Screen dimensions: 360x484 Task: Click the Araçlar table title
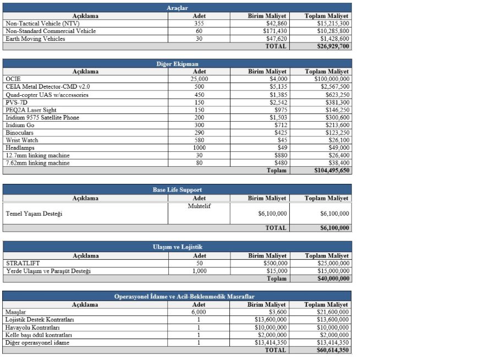[177, 8]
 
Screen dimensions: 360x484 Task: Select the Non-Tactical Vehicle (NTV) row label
[42, 24]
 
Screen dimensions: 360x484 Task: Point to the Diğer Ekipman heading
[177, 64]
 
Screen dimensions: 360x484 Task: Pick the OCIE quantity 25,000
[199, 79]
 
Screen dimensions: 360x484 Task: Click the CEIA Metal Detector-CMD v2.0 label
[47, 87]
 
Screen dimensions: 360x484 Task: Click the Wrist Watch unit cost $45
[281, 140]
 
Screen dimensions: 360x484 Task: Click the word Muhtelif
[199, 206]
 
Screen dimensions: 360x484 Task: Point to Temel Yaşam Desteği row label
[34, 214]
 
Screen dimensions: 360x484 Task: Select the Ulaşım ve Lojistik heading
[177, 247]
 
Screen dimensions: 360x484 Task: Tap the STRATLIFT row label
[21, 263]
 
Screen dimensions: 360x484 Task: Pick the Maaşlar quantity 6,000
[199, 312]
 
